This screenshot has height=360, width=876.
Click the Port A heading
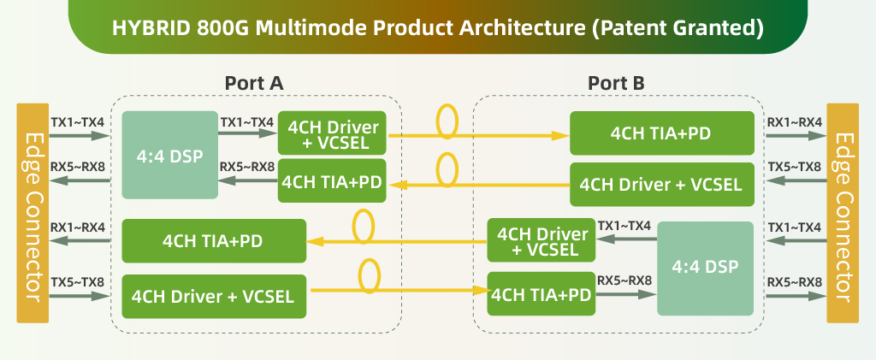click(x=253, y=83)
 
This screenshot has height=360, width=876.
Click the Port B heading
click(x=616, y=83)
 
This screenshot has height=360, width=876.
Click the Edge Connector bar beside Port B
click(x=843, y=214)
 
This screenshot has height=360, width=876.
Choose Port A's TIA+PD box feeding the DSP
click(x=332, y=181)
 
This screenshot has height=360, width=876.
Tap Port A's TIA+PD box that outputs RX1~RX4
click(x=214, y=241)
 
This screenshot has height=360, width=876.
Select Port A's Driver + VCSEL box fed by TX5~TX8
click(x=214, y=297)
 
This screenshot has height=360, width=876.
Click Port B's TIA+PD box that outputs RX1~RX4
click(x=661, y=133)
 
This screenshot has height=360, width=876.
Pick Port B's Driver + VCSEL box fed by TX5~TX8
click(x=661, y=183)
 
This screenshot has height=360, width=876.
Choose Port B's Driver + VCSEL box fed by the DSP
click(x=542, y=241)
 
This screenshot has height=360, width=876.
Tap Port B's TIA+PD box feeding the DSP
click(x=542, y=294)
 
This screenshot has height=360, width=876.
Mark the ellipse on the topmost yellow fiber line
click(x=447, y=122)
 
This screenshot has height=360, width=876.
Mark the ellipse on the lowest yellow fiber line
click(x=370, y=278)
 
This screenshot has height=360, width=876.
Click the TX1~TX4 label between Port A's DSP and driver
click(x=247, y=122)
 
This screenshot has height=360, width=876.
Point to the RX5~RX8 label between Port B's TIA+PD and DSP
click(x=625, y=280)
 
